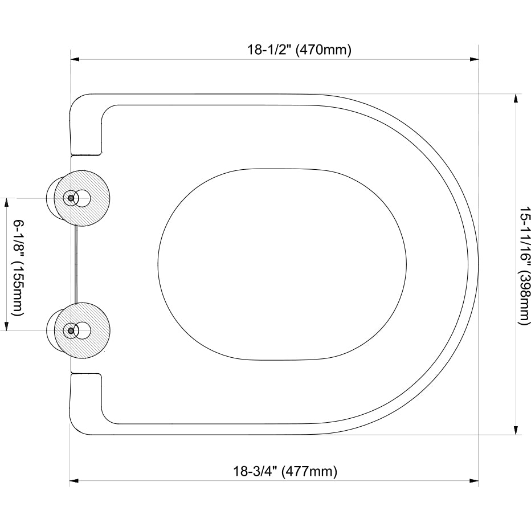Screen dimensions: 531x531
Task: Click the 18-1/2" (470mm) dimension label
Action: (299, 50)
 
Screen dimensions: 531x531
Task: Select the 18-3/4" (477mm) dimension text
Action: (285, 472)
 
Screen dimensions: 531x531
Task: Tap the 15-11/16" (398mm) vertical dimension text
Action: (524, 265)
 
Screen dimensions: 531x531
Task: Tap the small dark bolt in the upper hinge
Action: (71, 198)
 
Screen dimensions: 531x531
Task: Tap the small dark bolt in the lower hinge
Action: (71, 330)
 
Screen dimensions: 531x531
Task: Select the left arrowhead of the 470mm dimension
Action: (75, 59)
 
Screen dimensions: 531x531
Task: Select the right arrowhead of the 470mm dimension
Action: (473, 59)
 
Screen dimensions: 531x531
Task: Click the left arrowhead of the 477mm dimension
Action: (73, 481)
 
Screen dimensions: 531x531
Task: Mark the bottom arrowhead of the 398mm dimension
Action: (516, 430)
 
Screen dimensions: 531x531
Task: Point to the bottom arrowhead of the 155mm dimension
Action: (7, 325)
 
